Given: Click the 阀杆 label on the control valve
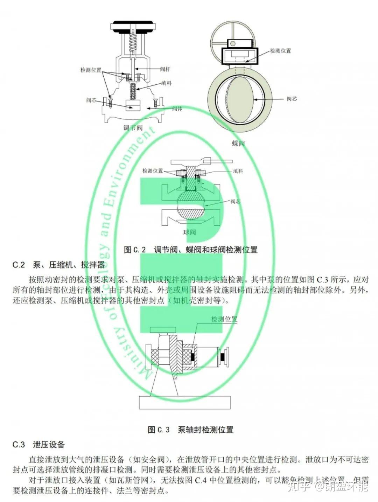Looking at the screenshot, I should point(165,69).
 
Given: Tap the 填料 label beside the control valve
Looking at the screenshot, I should point(166,83).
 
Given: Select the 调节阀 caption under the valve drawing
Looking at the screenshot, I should point(133,128).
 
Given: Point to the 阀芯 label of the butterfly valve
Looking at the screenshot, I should point(292,99).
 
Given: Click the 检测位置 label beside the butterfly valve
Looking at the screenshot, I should point(281,51).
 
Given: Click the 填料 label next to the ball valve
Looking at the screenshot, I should point(238,171).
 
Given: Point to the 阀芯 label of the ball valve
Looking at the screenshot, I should point(235,202).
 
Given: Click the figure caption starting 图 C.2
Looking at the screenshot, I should point(191,250).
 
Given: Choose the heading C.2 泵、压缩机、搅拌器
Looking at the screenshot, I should point(59,265).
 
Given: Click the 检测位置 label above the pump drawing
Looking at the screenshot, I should point(224,319).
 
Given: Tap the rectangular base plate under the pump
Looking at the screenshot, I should point(184,403).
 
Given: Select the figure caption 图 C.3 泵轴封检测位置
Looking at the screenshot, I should point(190,430).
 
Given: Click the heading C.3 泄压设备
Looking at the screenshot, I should point(39,445).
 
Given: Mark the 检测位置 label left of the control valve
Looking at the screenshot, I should point(91,70).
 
